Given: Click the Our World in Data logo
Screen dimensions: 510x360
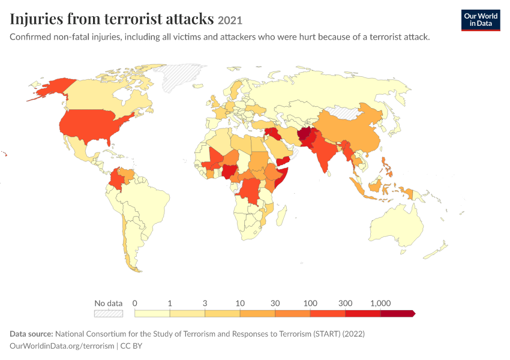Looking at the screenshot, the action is point(481,20).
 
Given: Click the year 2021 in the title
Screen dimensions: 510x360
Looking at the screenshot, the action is point(230,20).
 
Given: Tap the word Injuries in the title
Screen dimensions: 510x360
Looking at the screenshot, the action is point(37,19).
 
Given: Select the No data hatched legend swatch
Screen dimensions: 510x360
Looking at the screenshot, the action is point(109,313).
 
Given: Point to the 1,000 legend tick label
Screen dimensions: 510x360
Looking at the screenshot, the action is point(380,304).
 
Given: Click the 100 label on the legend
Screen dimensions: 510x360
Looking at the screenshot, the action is point(310,304).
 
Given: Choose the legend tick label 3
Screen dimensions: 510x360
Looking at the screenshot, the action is point(205,304).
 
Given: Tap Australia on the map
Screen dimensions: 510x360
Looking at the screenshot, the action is point(396,226).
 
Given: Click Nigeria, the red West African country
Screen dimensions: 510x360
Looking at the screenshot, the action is point(230,172).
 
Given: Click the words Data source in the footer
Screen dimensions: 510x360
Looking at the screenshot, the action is point(31,334).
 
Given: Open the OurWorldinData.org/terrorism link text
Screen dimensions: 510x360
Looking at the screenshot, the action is point(62,346).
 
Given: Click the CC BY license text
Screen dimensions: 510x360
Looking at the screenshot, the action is point(131,346).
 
